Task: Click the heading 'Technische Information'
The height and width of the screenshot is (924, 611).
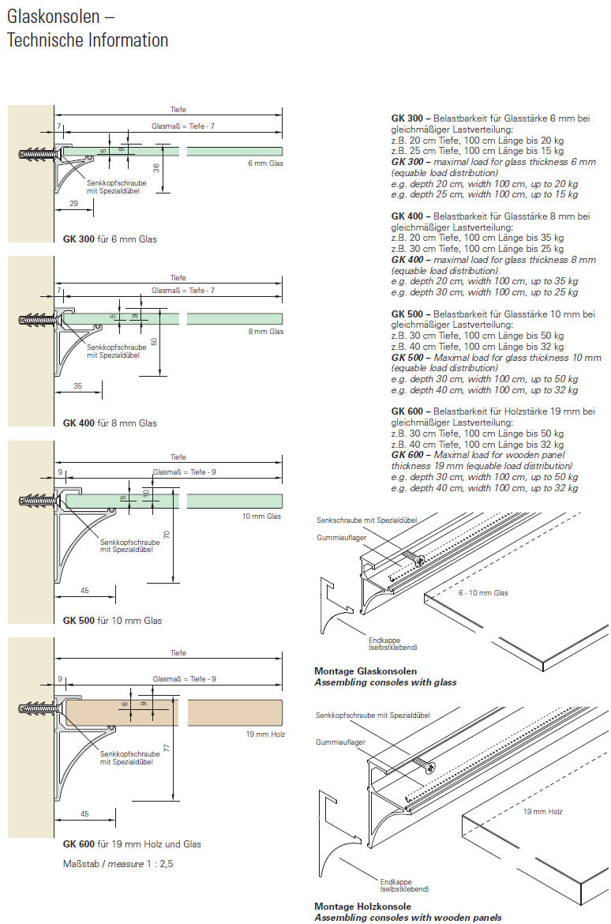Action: [88, 40]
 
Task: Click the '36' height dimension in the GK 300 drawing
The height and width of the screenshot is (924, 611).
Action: [156, 167]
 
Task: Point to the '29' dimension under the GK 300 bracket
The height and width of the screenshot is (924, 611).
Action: [73, 204]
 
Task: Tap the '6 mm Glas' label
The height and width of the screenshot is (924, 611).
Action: [265, 163]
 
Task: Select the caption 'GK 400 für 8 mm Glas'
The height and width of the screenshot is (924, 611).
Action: [110, 423]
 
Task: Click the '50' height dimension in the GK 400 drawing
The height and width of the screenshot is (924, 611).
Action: [155, 342]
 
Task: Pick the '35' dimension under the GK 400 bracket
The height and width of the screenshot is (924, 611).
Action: [77, 387]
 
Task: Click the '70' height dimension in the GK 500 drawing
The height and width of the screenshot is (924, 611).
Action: [167, 535]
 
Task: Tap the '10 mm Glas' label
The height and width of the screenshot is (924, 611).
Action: [261, 516]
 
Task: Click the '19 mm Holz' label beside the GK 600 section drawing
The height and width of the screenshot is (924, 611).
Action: [265, 734]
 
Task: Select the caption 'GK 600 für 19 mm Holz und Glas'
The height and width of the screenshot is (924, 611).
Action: [132, 844]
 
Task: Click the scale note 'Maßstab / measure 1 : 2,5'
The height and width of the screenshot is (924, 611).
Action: [118, 863]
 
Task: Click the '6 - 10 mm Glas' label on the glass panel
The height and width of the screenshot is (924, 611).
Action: [484, 592]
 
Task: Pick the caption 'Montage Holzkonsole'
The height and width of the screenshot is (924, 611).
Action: [362, 907]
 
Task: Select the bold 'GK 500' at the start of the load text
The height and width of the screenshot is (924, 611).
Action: [409, 314]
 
